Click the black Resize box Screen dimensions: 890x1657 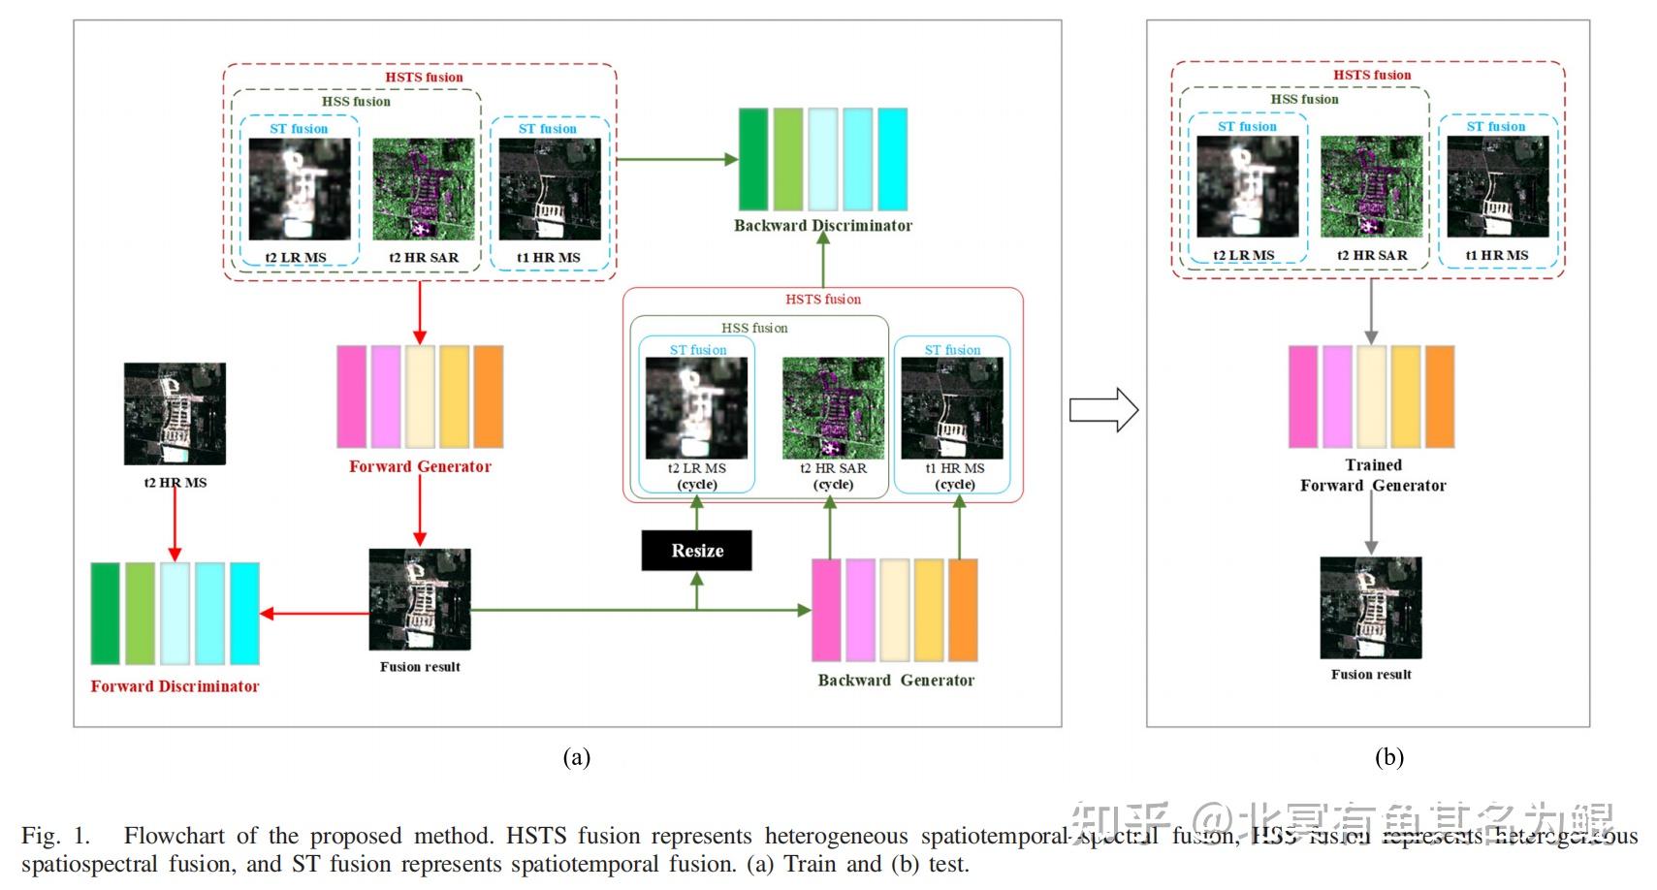pyautogui.click(x=696, y=551)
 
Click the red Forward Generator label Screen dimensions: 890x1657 pyautogui.click(x=420, y=466)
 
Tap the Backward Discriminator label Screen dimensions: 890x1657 pyautogui.click(x=822, y=225)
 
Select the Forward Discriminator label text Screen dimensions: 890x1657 pyautogui.click(x=175, y=686)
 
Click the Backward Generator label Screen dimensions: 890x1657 pyautogui.click(x=895, y=681)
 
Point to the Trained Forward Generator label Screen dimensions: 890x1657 pyautogui.click(x=1372, y=475)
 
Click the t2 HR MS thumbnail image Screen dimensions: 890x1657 pyautogui.click(x=175, y=414)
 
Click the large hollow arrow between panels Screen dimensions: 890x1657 pyautogui.click(x=1102, y=410)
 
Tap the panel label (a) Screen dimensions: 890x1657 pyautogui.click(x=576, y=757)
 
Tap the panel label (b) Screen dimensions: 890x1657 pyautogui.click(x=1388, y=757)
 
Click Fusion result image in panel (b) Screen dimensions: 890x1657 pyautogui.click(x=1370, y=608)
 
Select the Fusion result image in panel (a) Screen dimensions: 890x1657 pyautogui.click(x=419, y=599)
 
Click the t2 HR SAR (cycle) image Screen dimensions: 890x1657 pyautogui.click(x=833, y=408)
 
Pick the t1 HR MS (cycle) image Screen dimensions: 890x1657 pyautogui.click(x=951, y=408)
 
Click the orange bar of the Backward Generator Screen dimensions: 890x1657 pyautogui.click(x=962, y=610)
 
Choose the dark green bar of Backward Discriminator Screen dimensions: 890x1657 pyautogui.click(x=752, y=159)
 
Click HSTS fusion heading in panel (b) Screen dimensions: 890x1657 pyautogui.click(x=1371, y=75)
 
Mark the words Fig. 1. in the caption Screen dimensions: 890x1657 pyautogui.click(x=55, y=836)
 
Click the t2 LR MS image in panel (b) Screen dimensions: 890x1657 pyautogui.click(x=1247, y=186)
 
